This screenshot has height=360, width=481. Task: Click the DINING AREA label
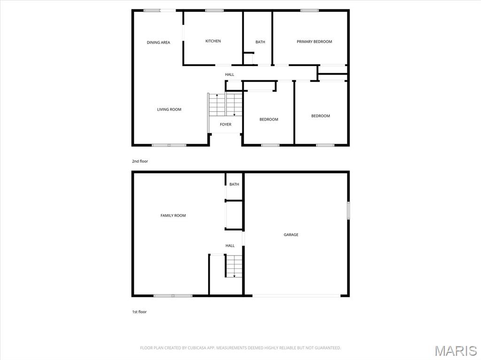click(158, 43)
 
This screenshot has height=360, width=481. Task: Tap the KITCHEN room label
click(213, 41)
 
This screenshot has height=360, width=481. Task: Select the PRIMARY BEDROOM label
click(314, 42)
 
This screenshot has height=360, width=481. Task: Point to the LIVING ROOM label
click(169, 109)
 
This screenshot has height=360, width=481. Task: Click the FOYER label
click(225, 124)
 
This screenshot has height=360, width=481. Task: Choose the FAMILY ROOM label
click(173, 215)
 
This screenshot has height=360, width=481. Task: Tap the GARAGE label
click(291, 235)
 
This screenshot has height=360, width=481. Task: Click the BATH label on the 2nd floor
click(260, 42)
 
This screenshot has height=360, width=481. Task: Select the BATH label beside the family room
click(234, 184)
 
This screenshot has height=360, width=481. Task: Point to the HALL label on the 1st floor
click(230, 245)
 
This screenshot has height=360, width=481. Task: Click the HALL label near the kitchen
click(229, 75)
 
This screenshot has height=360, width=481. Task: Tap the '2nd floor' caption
click(140, 161)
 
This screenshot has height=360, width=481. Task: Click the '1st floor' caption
click(139, 312)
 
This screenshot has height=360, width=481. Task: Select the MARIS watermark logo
click(456, 351)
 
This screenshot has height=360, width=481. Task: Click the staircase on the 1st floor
click(234, 266)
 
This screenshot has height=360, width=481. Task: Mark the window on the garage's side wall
click(348, 210)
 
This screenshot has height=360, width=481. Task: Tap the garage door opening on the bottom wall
click(296, 296)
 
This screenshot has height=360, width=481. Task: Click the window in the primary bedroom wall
click(309, 11)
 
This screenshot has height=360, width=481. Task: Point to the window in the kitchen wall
click(214, 11)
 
